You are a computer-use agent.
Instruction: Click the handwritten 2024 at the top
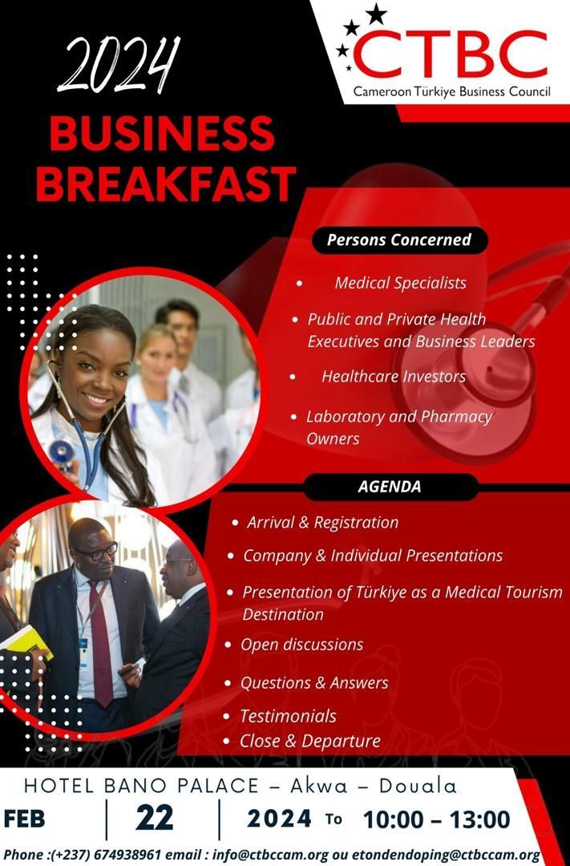(118, 65)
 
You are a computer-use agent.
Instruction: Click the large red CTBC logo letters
(450, 54)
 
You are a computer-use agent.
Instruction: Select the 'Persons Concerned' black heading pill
(398, 241)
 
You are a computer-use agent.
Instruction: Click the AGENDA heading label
(389, 487)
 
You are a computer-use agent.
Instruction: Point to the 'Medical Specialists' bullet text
(400, 283)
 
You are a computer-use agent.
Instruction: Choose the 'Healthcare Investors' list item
(394, 377)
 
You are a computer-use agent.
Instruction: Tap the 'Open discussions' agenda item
(301, 645)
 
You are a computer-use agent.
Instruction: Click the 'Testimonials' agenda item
(288, 716)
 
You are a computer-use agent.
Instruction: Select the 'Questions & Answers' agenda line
(314, 683)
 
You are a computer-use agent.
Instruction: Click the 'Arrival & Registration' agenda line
(322, 523)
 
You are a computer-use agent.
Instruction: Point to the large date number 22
(154, 818)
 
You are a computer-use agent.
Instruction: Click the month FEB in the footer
(24, 819)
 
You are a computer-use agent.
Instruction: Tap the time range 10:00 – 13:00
(436, 819)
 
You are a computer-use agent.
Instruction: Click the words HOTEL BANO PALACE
(141, 785)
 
